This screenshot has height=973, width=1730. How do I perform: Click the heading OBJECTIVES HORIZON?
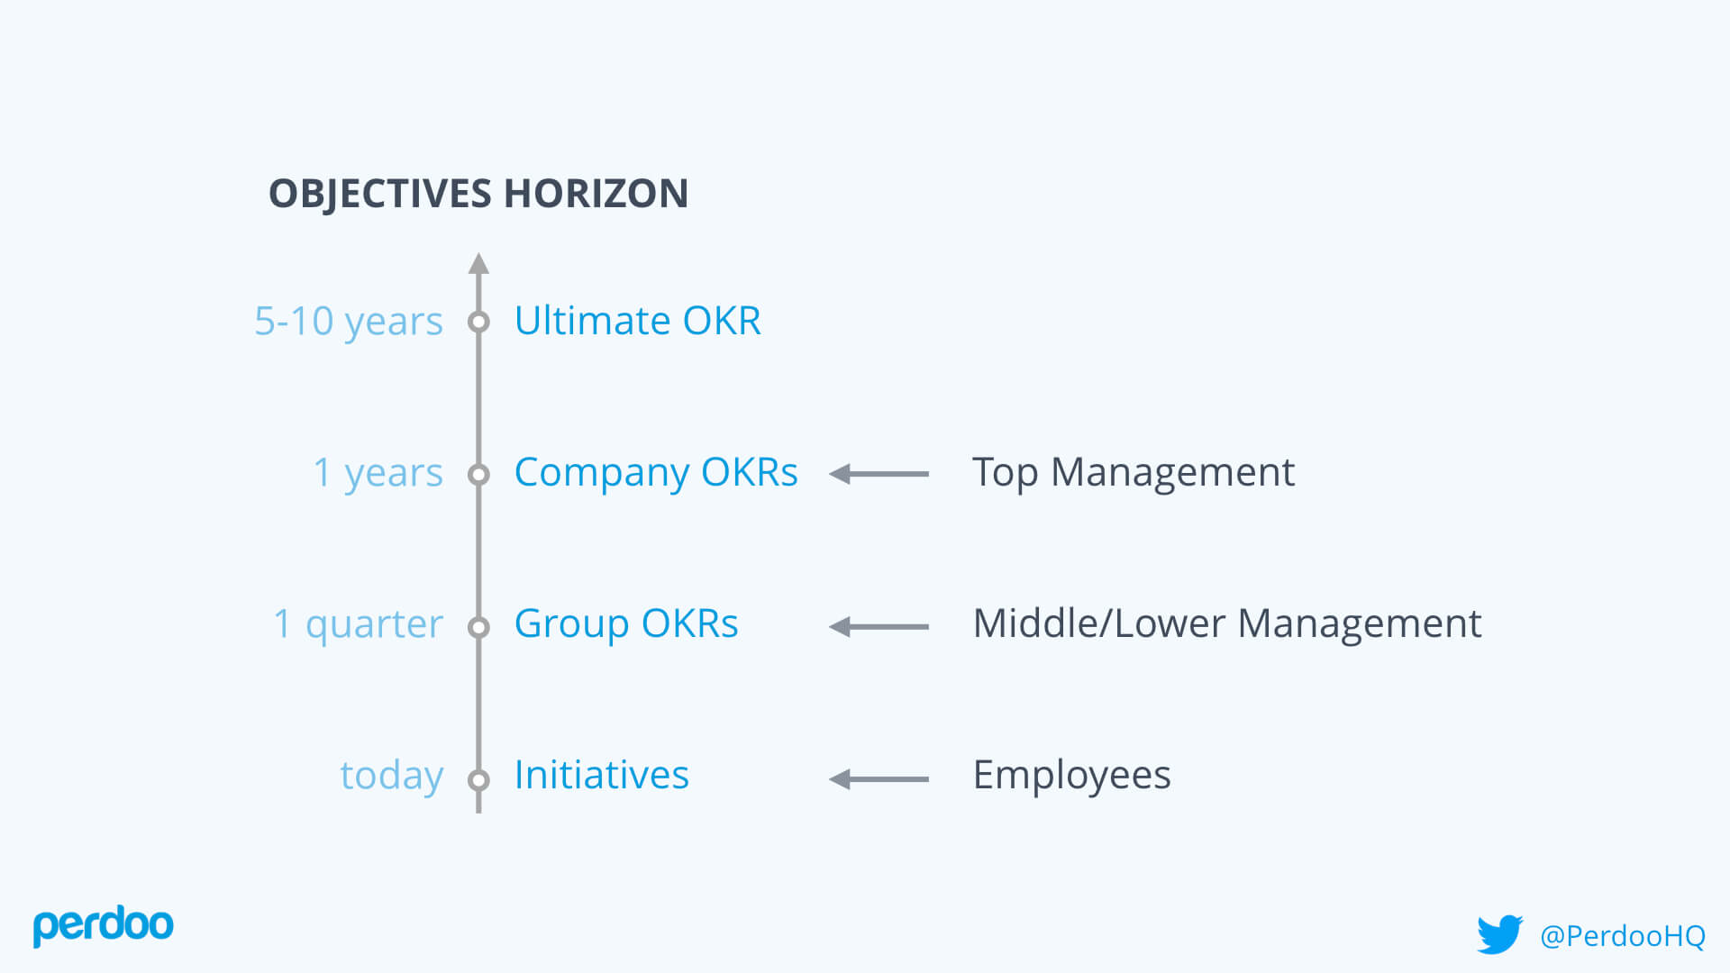(x=478, y=194)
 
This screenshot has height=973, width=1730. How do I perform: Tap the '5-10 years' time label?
(x=349, y=322)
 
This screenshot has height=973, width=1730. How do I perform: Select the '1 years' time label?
(x=378, y=473)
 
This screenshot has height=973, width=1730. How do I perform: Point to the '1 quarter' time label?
(x=358, y=624)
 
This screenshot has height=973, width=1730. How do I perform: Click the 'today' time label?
(x=391, y=776)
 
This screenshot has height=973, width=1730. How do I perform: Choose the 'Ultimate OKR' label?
(x=637, y=322)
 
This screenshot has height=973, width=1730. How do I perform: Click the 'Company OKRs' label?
(x=655, y=473)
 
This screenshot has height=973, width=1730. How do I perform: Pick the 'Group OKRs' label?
(x=625, y=624)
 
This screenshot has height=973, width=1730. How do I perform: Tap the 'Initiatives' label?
(x=601, y=776)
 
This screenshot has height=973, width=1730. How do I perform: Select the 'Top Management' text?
(x=1133, y=473)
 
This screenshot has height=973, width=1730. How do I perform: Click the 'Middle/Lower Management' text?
(x=1226, y=624)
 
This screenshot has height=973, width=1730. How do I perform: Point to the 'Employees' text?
(x=1071, y=776)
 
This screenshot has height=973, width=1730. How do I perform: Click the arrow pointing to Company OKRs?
(x=879, y=474)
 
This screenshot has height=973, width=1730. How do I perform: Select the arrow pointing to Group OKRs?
(x=879, y=626)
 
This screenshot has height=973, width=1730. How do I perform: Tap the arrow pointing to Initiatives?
(x=879, y=779)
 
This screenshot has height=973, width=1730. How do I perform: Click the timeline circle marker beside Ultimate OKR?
(x=478, y=322)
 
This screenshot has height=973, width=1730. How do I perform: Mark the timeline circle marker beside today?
(x=478, y=779)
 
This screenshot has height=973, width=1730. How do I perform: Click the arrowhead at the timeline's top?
(x=478, y=263)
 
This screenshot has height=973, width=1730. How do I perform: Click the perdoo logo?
(x=103, y=925)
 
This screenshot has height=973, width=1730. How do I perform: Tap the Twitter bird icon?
(x=1499, y=934)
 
